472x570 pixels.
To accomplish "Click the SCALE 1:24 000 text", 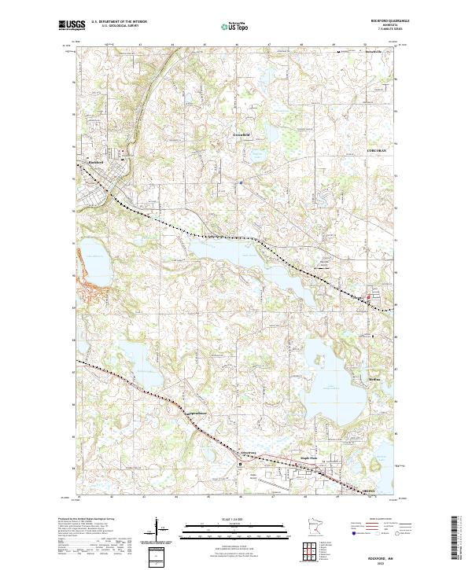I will [x=235, y=520].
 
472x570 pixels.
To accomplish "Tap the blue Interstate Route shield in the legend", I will [x=353, y=532].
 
